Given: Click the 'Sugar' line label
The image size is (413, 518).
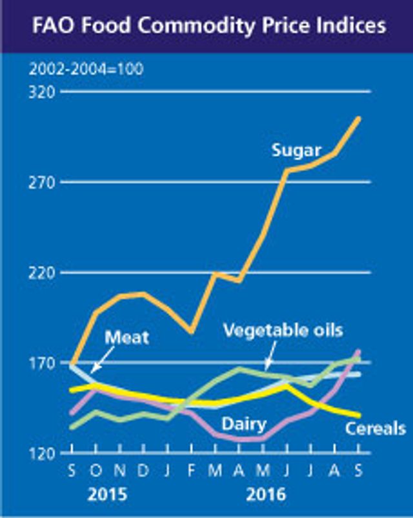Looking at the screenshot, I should [x=296, y=150].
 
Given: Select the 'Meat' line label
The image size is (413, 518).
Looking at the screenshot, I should [x=126, y=336].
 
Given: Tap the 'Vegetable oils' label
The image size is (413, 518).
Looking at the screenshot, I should [x=282, y=330].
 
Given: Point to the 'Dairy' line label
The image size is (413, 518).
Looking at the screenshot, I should [x=243, y=424].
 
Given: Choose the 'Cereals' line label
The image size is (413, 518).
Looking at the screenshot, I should [x=375, y=428].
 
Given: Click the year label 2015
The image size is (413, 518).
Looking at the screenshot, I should [x=107, y=495].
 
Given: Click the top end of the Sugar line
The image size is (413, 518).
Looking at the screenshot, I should [x=359, y=118].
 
